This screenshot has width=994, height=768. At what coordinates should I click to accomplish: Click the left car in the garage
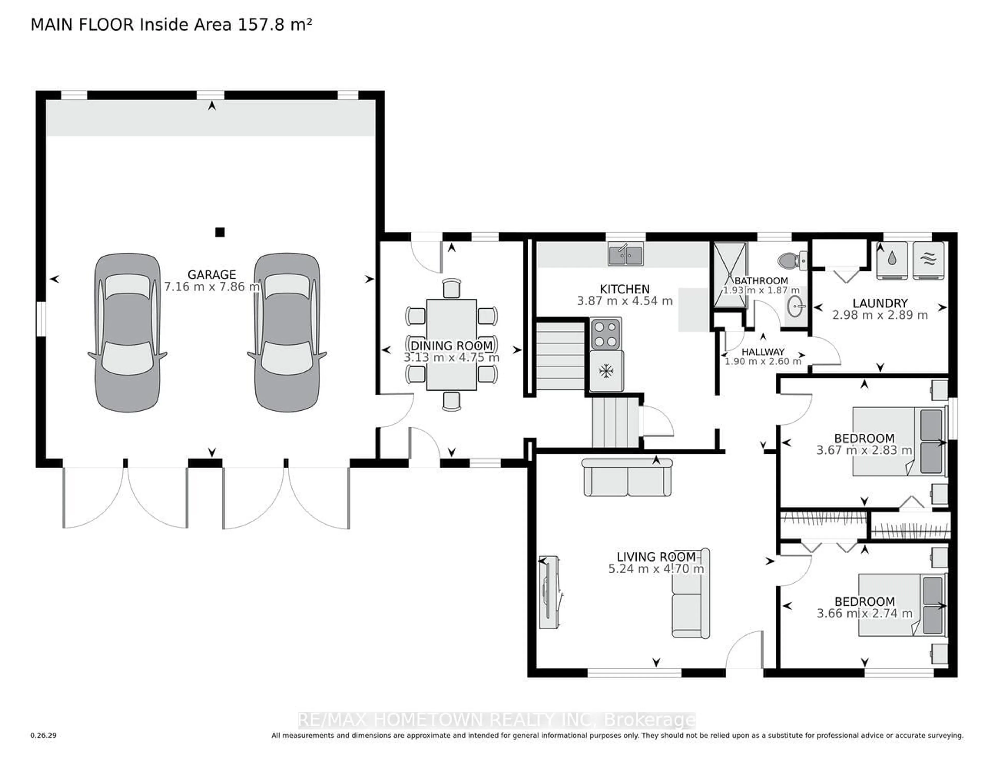pyautogui.click(x=127, y=332)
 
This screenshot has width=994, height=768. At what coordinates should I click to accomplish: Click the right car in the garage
pyautogui.click(x=287, y=332)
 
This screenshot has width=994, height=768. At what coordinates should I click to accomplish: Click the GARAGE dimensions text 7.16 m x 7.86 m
pyautogui.click(x=212, y=287)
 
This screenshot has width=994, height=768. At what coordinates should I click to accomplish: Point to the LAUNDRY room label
pyautogui.click(x=880, y=303)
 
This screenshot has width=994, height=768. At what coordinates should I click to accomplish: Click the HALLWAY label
pyautogui.click(x=763, y=352)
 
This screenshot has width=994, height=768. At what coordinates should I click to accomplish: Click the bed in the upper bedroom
pyautogui.click(x=899, y=441)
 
